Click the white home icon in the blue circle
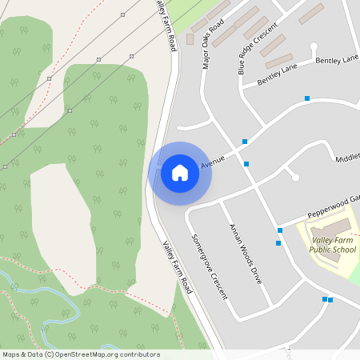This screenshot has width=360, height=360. point(180,173)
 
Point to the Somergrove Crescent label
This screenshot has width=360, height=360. point(210,266)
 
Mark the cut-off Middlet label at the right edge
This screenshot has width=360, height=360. point(347,158)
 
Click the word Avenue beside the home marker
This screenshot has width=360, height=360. point(213,162)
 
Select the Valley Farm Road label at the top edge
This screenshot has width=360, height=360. point(165,24)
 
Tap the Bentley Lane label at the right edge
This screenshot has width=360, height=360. point(337,61)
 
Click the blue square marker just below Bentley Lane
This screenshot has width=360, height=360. point(307,98)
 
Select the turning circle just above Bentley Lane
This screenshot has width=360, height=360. point(314,46)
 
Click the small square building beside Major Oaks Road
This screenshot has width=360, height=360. point(190,38)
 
